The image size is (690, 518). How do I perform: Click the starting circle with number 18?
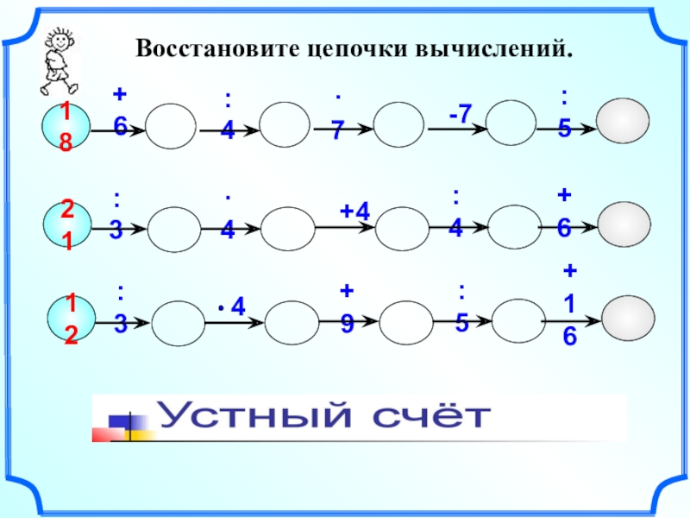(66, 126)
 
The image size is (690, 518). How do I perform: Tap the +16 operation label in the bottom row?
(570, 305)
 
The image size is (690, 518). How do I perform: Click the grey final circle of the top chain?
(623, 126)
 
